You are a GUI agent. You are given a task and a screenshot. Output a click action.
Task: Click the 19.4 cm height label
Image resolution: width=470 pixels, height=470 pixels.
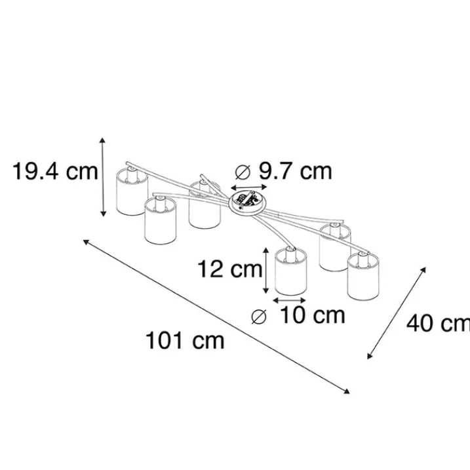click(55, 172)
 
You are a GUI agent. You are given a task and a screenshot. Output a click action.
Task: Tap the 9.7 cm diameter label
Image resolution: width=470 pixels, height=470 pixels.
click(295, 171)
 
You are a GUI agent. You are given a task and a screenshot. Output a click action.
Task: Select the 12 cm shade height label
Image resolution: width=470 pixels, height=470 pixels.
click(229, 269)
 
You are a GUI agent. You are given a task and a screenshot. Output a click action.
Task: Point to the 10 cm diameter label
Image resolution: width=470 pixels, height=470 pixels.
click(312, 315)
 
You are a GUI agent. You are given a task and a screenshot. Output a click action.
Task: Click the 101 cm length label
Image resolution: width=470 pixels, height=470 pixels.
click(185, 340)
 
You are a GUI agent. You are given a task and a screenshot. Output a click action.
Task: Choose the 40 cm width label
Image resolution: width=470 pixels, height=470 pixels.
click(439, 323)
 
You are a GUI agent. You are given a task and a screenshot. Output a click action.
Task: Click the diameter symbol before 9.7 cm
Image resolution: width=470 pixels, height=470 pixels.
click(243, 172)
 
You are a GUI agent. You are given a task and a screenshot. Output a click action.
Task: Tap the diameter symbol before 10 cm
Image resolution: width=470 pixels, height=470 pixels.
click(259, 317)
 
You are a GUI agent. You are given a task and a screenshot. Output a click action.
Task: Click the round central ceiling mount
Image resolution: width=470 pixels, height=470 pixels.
click(247, 202)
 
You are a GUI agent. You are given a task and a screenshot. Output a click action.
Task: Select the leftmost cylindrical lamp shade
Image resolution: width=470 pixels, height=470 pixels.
click(132, 192)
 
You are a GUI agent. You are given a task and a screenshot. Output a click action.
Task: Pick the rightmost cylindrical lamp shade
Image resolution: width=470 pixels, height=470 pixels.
click(364, 276)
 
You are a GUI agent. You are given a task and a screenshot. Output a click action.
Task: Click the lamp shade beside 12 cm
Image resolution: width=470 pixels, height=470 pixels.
click(291, 272)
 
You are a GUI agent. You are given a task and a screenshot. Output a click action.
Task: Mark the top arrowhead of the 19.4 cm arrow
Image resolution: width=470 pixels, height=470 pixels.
click(103, 140)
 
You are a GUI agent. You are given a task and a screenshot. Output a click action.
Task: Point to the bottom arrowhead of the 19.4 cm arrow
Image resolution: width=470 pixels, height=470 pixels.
click(103, 214)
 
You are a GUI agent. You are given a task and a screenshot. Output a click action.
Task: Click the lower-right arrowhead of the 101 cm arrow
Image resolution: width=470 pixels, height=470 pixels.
click(347, 391)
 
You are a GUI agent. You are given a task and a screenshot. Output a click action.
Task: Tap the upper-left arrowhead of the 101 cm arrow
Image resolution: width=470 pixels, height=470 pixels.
click(86, 242)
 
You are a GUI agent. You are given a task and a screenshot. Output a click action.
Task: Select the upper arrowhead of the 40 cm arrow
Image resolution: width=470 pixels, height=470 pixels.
click(423, 270)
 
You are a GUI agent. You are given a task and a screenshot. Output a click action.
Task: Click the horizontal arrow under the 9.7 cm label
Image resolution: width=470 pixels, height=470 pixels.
click(249, 187)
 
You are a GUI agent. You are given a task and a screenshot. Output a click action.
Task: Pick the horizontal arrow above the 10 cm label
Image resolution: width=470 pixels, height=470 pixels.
click(290, 300)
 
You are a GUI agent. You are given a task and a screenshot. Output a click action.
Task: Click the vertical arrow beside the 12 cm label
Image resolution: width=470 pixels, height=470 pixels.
click(265, 271)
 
